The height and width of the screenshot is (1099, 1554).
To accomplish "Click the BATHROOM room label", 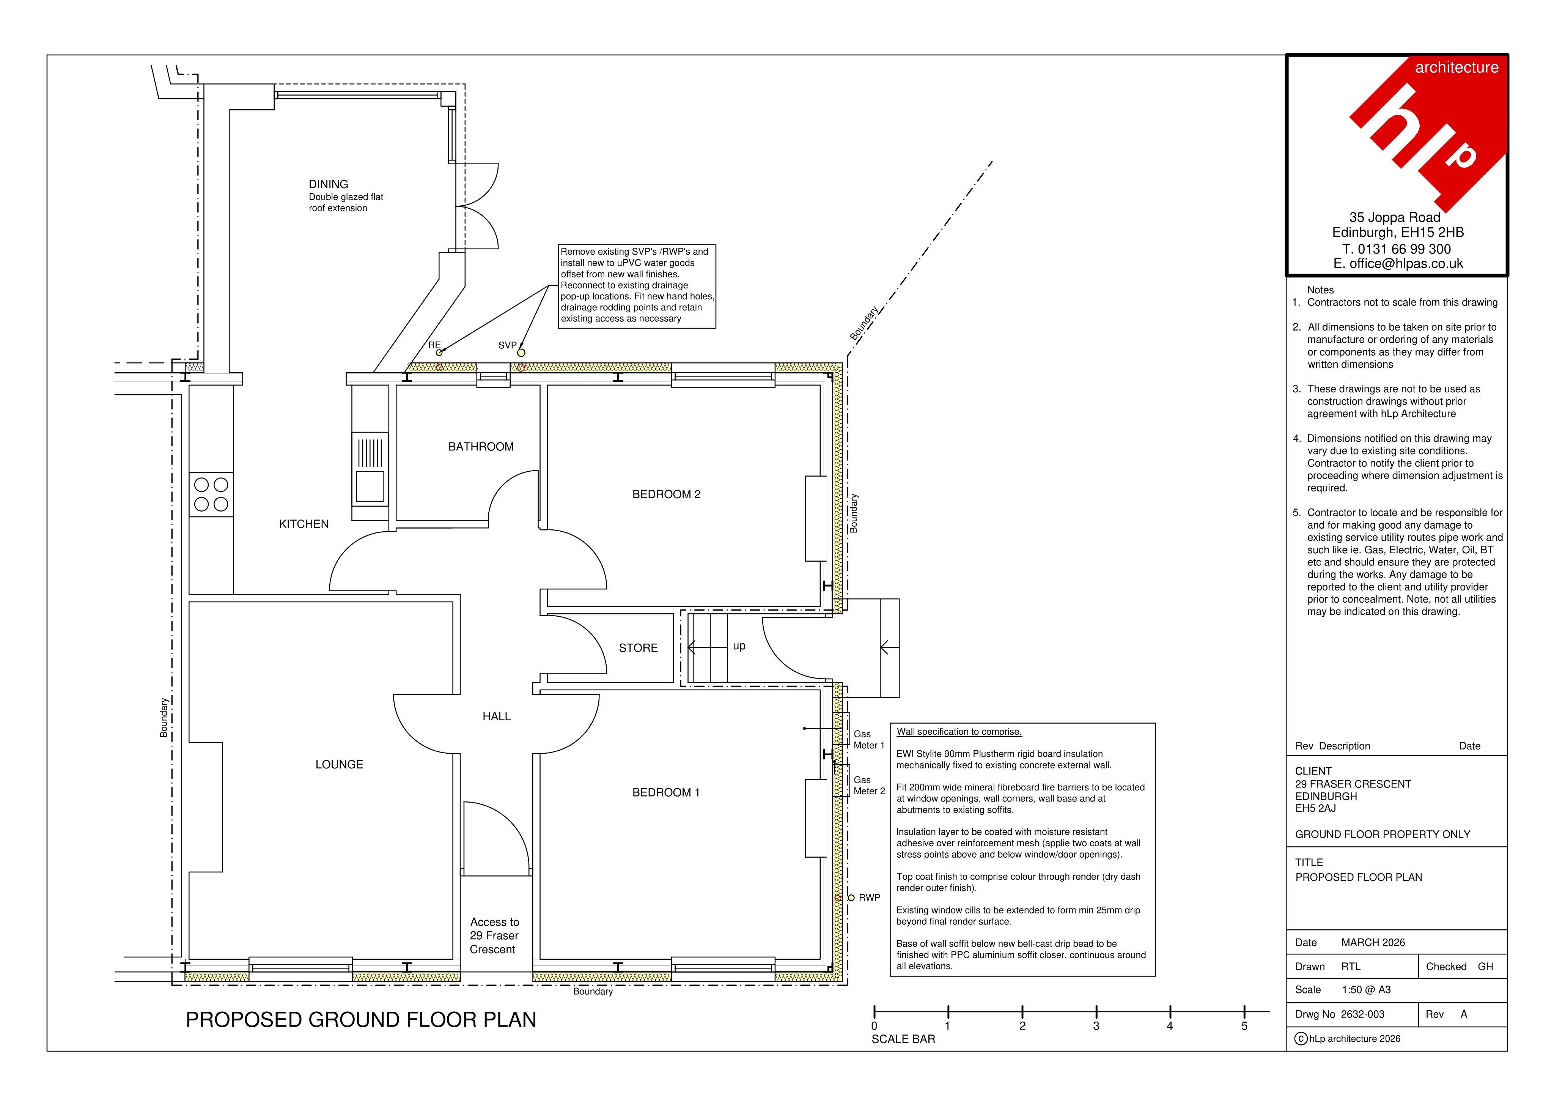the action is click(x=481, y=447).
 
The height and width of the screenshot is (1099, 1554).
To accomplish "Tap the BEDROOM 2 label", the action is click(x=666, y=494).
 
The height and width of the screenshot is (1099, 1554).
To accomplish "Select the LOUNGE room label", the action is click(x=339, y=765).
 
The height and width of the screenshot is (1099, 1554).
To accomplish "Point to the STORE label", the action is click(x=638, y=648).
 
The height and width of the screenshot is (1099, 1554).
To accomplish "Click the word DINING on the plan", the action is click(x=328, y=184).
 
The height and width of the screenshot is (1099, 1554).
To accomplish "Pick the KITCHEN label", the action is click(x=304, y=524).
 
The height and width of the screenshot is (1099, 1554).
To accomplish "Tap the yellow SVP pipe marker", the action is click(x=521, y=353).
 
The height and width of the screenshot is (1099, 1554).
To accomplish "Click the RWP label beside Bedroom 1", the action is click(x=870, y=898).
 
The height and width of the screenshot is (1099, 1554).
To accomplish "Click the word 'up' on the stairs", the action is click(x=739, y=647).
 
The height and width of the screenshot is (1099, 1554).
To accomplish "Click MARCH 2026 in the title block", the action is click(x=1373, y=943).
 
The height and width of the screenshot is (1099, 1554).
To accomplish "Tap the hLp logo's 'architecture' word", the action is click(x=1456, y=67).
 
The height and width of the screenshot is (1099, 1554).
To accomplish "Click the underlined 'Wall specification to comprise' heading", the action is click(x=959, y=732).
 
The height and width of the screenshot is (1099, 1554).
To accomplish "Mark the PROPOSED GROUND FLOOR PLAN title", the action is click(x=361, y=1020).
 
